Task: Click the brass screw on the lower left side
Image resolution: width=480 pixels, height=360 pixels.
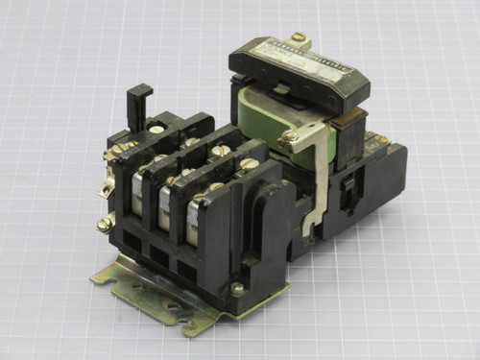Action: click(x=104, y=224)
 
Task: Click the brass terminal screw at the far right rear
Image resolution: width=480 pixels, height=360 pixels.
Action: click(x=381, y=140)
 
